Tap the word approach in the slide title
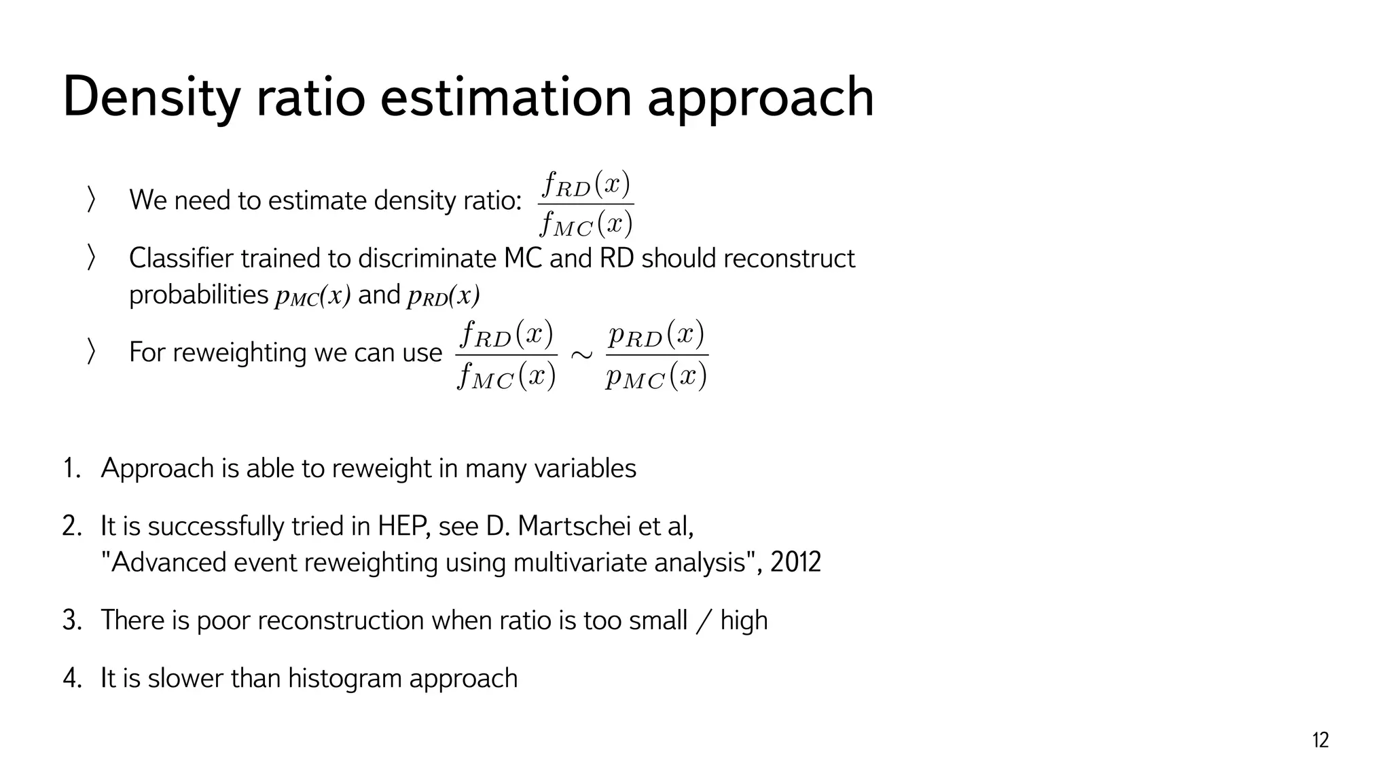click(x=760, y=98)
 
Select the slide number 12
click(x=1320, y=740)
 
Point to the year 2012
click(x=795, y=562)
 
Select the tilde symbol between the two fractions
click(x=581, y=354)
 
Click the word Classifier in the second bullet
click(x=181, y=259)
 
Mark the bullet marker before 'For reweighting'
click(x=91, y=352)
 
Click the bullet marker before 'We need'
click(x=91, y=200)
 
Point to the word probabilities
click(x=198, y=295)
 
